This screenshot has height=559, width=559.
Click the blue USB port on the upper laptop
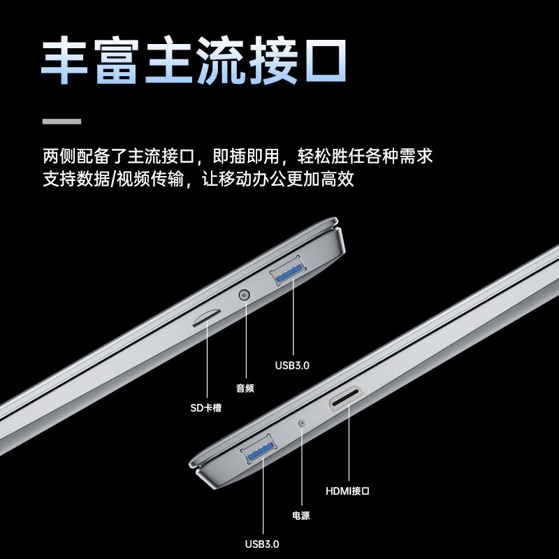coord(288,270)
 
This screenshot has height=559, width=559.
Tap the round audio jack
coord(244,295)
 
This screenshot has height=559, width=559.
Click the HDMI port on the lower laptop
coord(346,398)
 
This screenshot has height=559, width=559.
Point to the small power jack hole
coord(302,423)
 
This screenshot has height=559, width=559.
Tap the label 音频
coord(245,388)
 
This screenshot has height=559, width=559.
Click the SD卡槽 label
coord(205,407)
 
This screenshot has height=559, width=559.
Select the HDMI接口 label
coord(347,491)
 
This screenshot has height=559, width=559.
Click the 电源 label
coord(301,515)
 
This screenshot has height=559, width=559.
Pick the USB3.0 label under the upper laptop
coord(292,365)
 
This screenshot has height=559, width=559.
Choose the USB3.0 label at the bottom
coord(262,544)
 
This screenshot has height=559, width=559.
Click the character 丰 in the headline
coord(64,59)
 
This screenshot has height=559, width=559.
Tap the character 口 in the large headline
coord(326,61)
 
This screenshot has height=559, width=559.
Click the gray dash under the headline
coord(61,121)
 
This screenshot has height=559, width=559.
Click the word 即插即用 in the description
coord(246,156)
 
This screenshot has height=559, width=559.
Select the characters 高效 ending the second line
coord(337,179)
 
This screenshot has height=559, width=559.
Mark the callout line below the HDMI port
coord(349,442)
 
